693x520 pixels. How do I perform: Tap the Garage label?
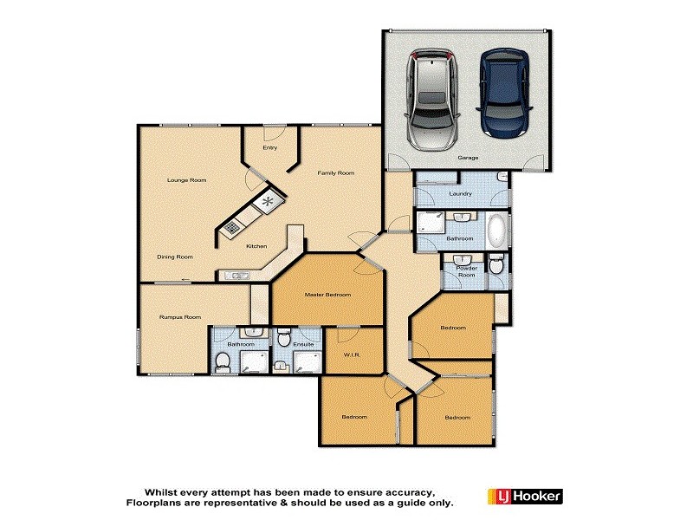pos(469,159)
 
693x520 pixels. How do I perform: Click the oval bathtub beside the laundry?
pos(496,231)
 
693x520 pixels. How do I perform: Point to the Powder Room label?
pos(467,271)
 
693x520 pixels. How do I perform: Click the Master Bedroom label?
pos(327,296)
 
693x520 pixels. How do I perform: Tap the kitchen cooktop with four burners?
pos(233,228)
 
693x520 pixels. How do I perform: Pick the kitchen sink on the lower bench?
pos(236,276)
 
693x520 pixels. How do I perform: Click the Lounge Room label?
pos(186,180)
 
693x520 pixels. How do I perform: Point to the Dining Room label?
pos(174,257)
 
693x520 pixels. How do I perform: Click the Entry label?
pos(269,148)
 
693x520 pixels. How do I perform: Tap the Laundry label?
pos(460,193)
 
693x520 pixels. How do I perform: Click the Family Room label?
pos(335,173)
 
